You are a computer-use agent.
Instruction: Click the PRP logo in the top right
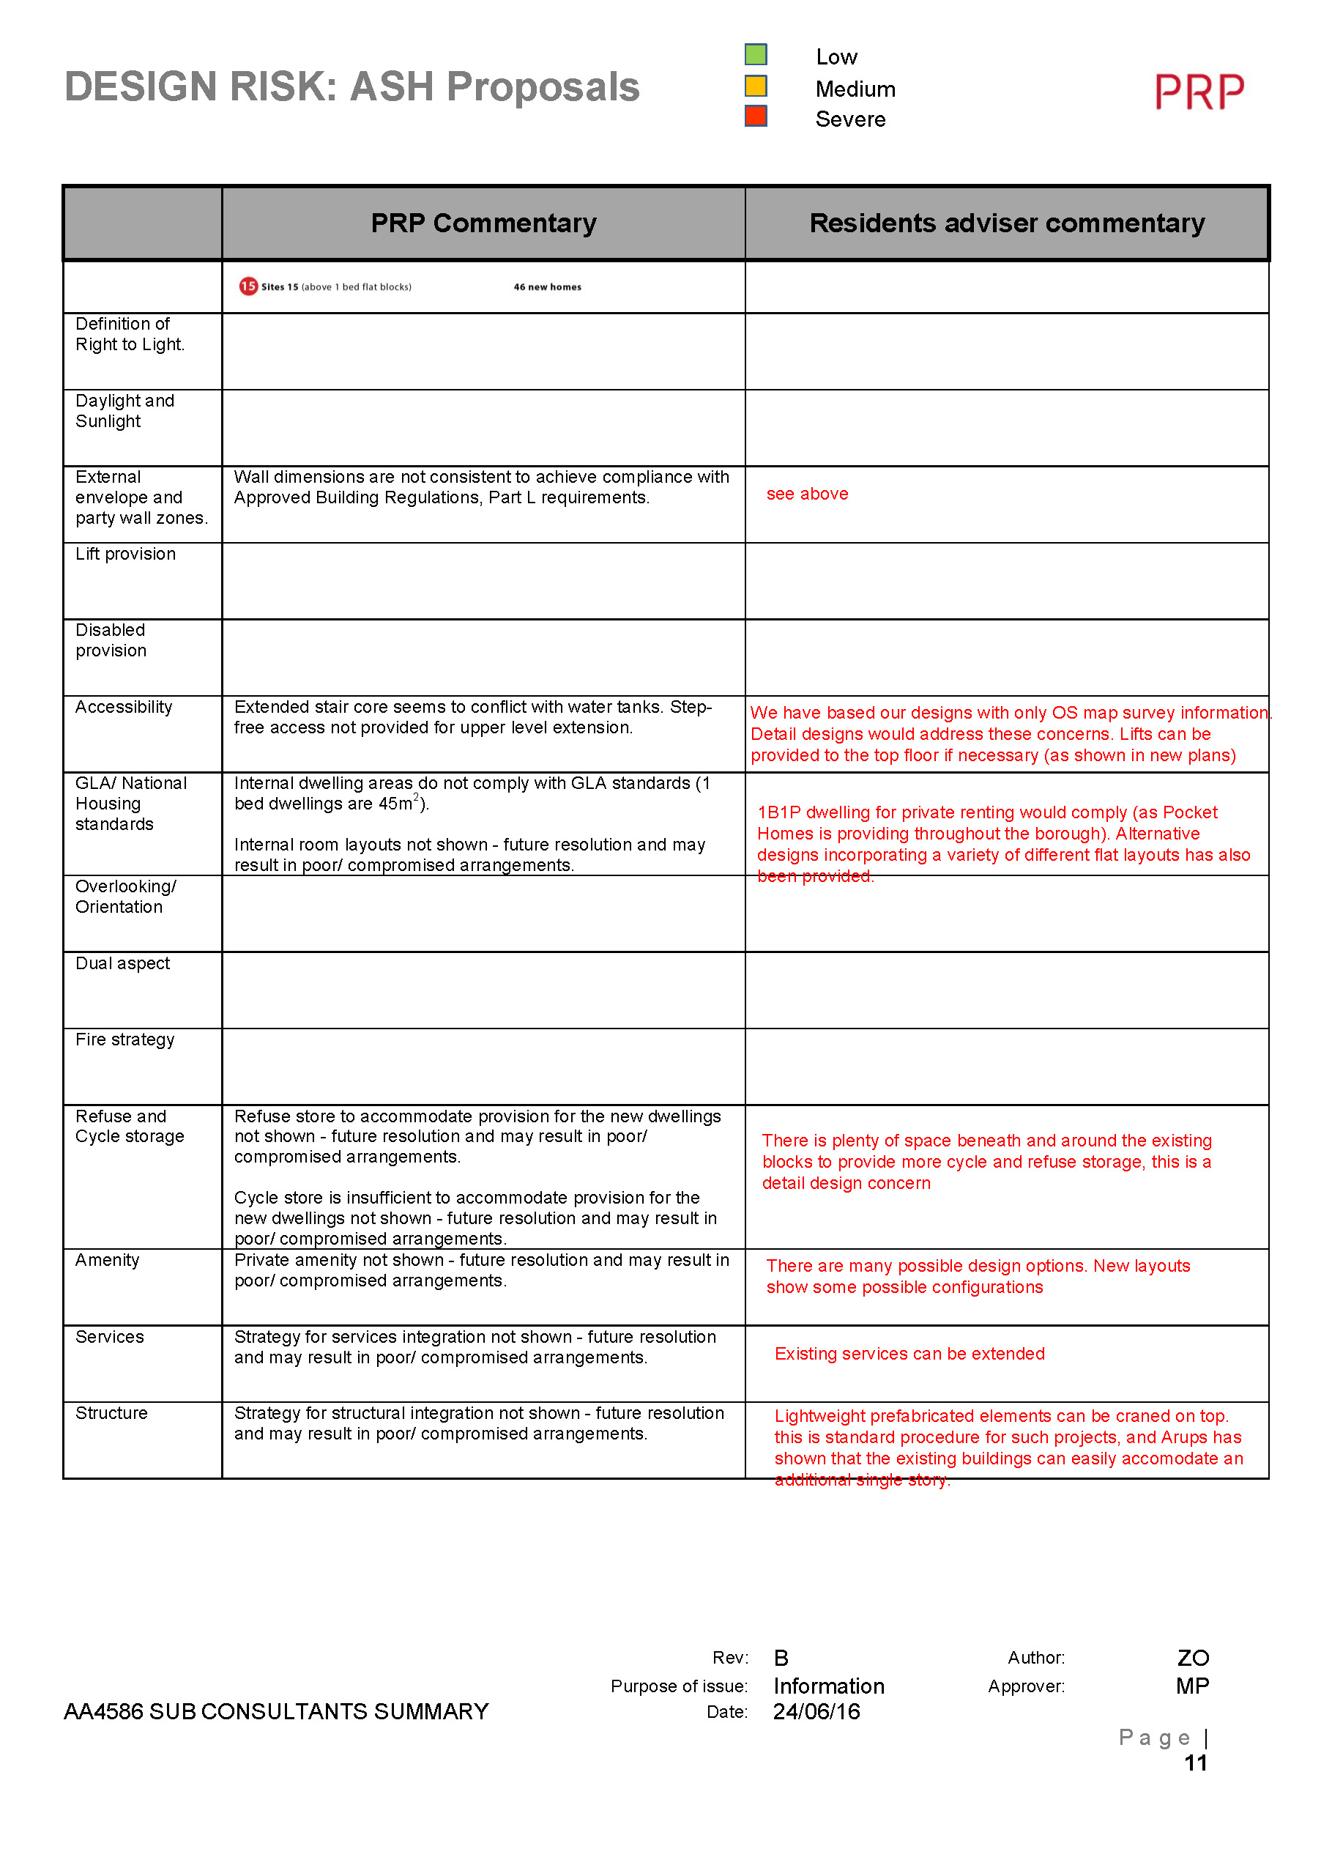pyautogui.click(x=1199, y=91)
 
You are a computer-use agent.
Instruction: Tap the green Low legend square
pyautogui.click(x=756, y=55)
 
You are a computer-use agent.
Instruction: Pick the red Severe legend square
pyautogui.click(x=756, y=116)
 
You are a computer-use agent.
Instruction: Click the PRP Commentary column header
pyautogui.click(x=483, y=223)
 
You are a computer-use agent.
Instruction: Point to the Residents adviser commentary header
pyautogui.click(x=1006, y=223)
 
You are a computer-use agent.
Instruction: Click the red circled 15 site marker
pyautogui.click(x=248, y=286)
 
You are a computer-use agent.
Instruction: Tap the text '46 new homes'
pyautogui.click(x=547, y=287)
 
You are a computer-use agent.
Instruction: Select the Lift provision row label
pyautogui.click(x=125, y=554)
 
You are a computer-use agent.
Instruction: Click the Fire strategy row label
pyautogui.click(x=124, y=1039)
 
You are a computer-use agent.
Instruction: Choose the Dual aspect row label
pyautogui.click(x=122, y=963)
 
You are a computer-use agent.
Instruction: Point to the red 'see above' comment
pyautogui.click(x=807, y=494)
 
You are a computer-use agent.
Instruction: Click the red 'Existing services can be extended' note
pyautogui.click(x=909, y=1354)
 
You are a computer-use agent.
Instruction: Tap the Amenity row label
pyautogui.click(x=108, y=1260)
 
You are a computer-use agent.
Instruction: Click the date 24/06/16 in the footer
pyautogui.click(x=816, y=1711)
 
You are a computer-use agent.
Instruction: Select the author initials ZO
pyautogui.click(x=1193, y=1658)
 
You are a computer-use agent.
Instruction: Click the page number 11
pyautogui.click(x=1195, y=1763)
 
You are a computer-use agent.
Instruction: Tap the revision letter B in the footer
pyautogui.click(x=781, y=1658)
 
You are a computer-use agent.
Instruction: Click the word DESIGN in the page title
pyautogui.click(x=142, y=87)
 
